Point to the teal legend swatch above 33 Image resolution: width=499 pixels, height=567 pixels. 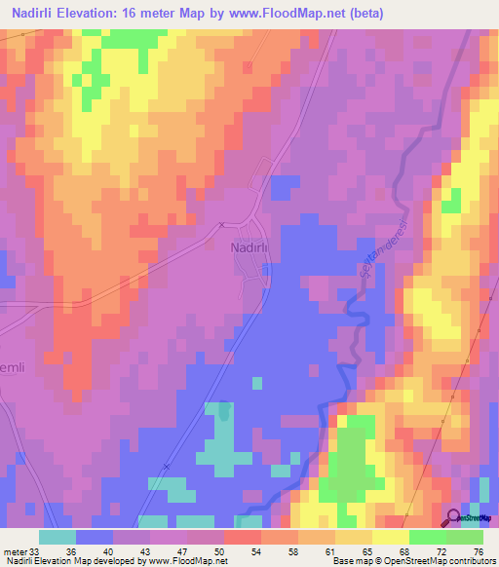coord(57,537)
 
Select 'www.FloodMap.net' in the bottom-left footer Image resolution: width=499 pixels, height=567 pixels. coord(181,561)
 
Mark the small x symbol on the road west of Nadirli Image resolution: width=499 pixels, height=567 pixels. coord(222,225)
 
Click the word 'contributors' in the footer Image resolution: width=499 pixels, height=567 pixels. coord(472,561)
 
